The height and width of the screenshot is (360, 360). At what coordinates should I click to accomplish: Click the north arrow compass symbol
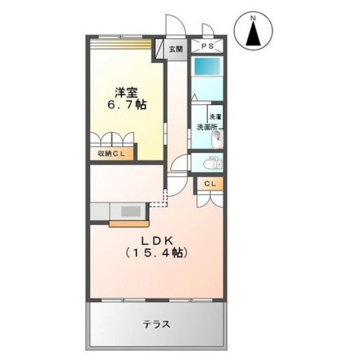pos(253,33)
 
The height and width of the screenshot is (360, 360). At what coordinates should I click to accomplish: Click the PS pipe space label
pos(208,46)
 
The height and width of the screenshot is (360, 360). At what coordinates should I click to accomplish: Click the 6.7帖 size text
pos(125,104)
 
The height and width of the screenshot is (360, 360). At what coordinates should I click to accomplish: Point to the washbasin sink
pos(217,139)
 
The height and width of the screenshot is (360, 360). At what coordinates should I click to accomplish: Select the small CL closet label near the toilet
pos(210,184)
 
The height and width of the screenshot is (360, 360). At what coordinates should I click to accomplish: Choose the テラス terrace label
pos(157,324)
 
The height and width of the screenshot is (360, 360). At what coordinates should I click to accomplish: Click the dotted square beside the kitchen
pos(157,205)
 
